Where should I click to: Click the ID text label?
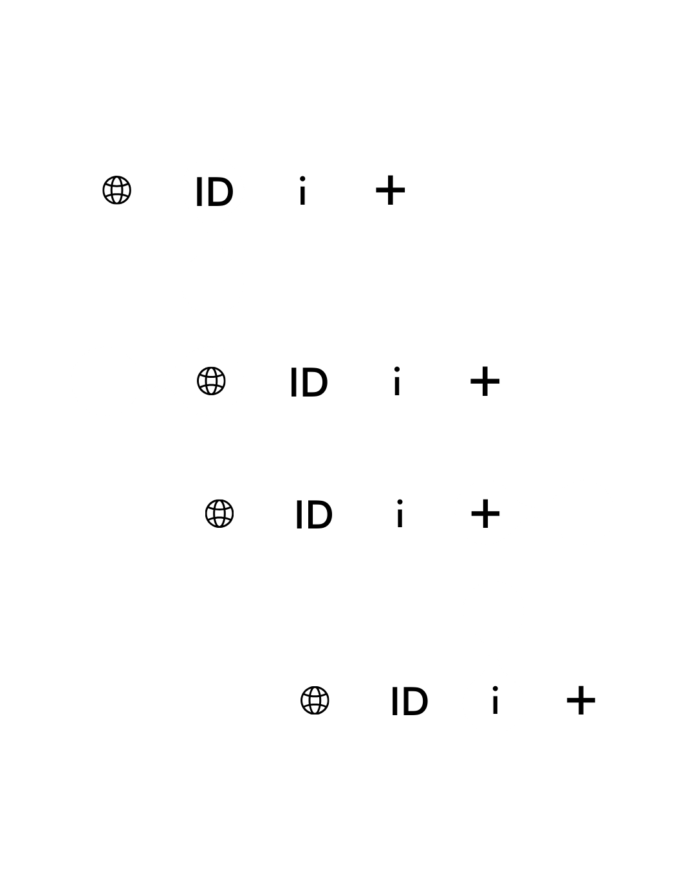(214, 192)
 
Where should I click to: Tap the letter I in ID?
(199, 192)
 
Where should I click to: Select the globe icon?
(212, 381)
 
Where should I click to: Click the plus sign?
(485, 514)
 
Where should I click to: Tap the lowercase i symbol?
(495, 702)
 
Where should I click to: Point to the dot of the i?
(495, 690)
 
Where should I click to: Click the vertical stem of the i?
(495, 706)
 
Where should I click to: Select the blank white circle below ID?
(212, 283)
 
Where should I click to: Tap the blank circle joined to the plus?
(582, 512)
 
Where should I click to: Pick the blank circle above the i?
(494, 611)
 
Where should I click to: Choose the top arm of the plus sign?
(485, 505)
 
